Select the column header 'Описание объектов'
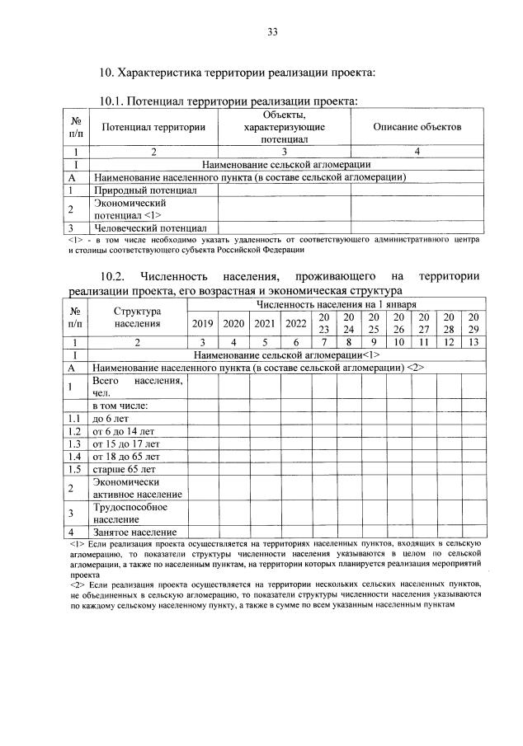417,127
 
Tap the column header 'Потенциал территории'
153,127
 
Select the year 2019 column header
201,322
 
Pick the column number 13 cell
473,340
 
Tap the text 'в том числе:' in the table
120,406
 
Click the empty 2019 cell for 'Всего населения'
201,386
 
